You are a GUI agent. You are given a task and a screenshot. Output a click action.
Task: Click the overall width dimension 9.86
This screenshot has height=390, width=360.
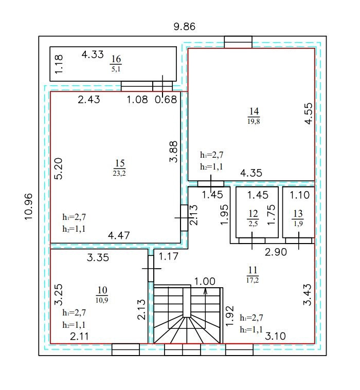[185, 26]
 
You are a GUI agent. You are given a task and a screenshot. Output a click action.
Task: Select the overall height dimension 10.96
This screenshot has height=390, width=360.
[29, 207]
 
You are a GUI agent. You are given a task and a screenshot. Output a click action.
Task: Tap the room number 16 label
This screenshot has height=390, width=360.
[116, 59]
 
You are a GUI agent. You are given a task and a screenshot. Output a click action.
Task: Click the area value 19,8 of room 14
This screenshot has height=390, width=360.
[254, 121]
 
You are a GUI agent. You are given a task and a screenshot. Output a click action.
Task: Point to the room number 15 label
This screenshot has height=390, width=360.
[120, 163]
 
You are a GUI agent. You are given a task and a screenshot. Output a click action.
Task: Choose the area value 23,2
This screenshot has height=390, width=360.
[119, 173]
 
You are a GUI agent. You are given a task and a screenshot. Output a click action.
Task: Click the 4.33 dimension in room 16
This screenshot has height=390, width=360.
[93, 54]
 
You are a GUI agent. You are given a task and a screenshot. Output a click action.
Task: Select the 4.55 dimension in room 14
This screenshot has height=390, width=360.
[308, 114]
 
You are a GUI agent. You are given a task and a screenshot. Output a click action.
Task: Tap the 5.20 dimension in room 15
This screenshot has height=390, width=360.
[59, 169]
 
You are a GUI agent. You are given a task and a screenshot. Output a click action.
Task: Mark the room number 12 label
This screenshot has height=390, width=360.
[253, 214]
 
